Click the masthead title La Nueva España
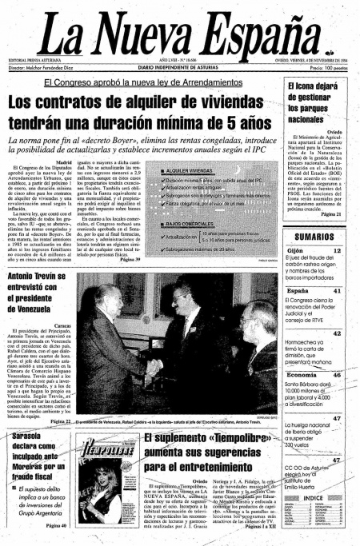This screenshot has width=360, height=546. (x=180, y=34)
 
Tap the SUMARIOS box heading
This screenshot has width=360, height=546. (x=317, y=237)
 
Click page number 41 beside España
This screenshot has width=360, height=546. (x=337, y=291)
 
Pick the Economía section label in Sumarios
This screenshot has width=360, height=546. (x=302, y=374)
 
